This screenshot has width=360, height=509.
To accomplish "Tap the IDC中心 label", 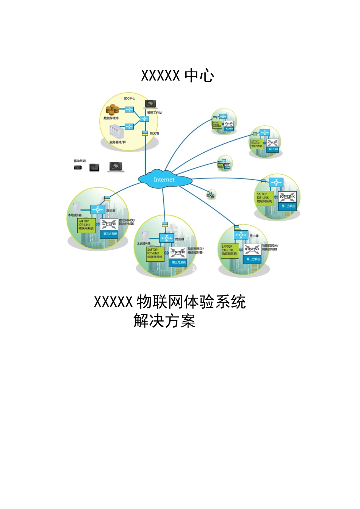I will (x=130, y=98).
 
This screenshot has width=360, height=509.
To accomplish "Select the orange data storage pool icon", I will (x=112, y=110).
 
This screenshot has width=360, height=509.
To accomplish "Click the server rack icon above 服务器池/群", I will (x=117, y=132).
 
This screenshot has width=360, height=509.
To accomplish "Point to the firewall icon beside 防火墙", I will (x=145, y=133).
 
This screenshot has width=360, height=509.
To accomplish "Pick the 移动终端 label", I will (x=80, y=161).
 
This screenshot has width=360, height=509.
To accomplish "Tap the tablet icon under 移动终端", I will (x=94, y=167).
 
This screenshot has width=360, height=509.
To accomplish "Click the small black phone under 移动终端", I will (x=78, y=167).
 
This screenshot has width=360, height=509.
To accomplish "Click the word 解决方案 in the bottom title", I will (x=164, y=321).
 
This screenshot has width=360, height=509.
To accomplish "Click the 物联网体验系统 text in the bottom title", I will (x=191, y=302).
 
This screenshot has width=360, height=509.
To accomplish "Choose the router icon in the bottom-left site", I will (x=98, y=209).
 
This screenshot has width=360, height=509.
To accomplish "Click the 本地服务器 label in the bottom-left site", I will (x=75, y=215).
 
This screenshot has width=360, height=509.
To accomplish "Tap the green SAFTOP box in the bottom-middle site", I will (x=155, y=253).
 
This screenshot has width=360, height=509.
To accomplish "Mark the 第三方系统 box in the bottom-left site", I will (x=110, y=234).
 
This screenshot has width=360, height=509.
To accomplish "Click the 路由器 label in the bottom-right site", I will (x=254, y=236).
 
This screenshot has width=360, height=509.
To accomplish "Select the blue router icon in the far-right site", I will (x=276, y=182).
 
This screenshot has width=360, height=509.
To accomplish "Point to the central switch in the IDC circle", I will (x=144, y=119).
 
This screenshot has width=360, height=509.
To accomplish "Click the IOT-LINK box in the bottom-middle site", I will (x=178, y=252).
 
